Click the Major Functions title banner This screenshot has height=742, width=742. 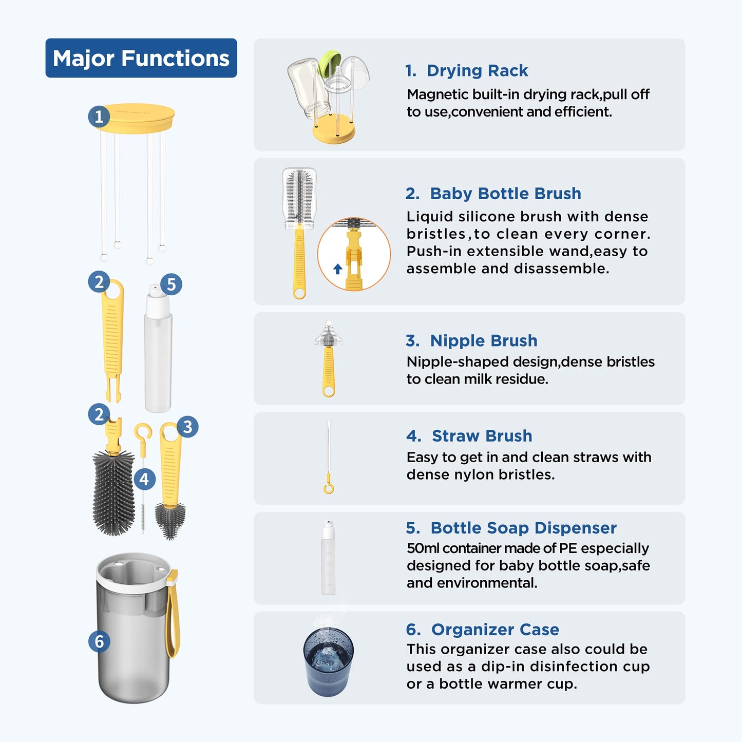141,58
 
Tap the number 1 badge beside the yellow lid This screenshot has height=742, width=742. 99,116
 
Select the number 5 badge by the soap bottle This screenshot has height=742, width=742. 171,284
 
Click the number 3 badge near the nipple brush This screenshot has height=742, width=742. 187,427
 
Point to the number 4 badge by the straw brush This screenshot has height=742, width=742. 144,479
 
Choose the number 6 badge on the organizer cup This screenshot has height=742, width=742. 99,641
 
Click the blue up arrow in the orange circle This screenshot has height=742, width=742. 338,269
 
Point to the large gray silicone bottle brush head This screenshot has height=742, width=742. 113,493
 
